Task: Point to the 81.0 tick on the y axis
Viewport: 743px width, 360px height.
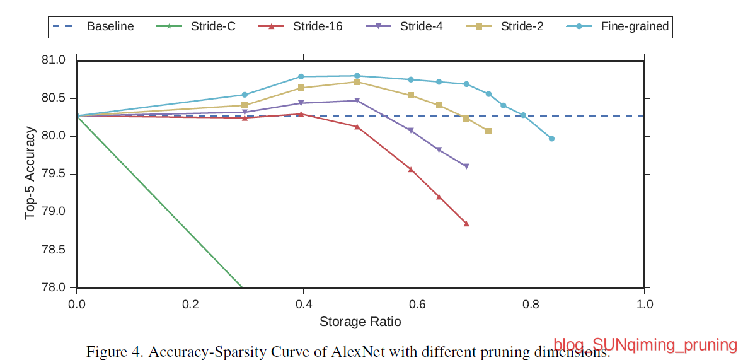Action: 53,61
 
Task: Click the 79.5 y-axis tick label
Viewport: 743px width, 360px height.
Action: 53,175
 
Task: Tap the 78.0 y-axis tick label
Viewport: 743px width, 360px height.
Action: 53,288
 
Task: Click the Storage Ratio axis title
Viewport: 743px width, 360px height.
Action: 360,322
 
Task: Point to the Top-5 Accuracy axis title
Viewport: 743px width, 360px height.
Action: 30,174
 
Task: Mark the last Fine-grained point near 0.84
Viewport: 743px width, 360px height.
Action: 551,139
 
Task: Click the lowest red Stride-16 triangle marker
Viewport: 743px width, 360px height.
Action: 466,224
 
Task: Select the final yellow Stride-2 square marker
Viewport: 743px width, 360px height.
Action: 488,131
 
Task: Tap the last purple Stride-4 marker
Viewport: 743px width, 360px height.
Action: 466,166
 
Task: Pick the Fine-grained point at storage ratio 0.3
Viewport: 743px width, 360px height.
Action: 245,95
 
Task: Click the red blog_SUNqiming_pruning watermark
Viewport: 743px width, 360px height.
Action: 645,345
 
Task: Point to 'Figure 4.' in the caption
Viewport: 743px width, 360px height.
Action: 113,351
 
